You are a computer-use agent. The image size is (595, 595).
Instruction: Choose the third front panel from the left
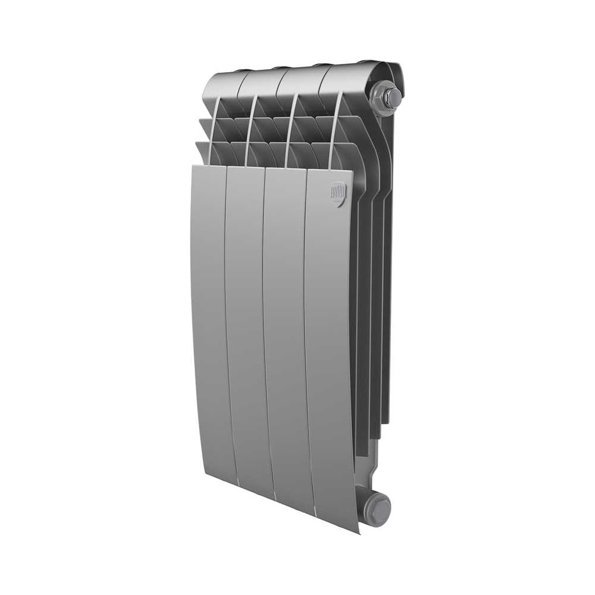(x=285, y=333)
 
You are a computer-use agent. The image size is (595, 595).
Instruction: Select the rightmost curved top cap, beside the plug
(x=345, y=79)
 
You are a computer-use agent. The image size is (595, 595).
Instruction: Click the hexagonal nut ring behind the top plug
(x=379, y=99)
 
